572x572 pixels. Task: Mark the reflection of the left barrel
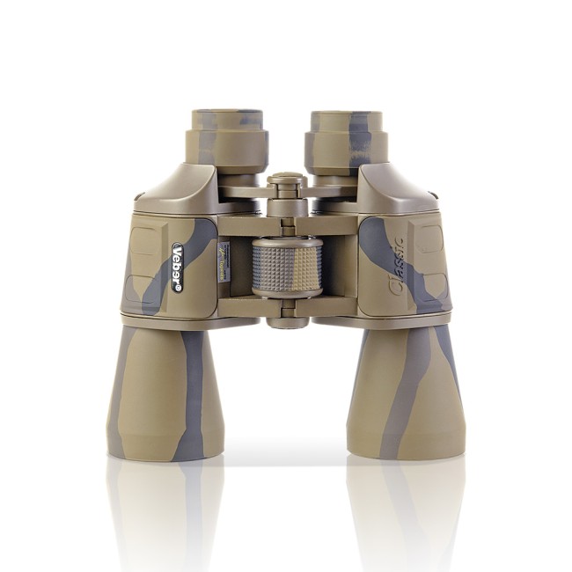coord(165,510)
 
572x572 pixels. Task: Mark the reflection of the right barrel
coord(407,510)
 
